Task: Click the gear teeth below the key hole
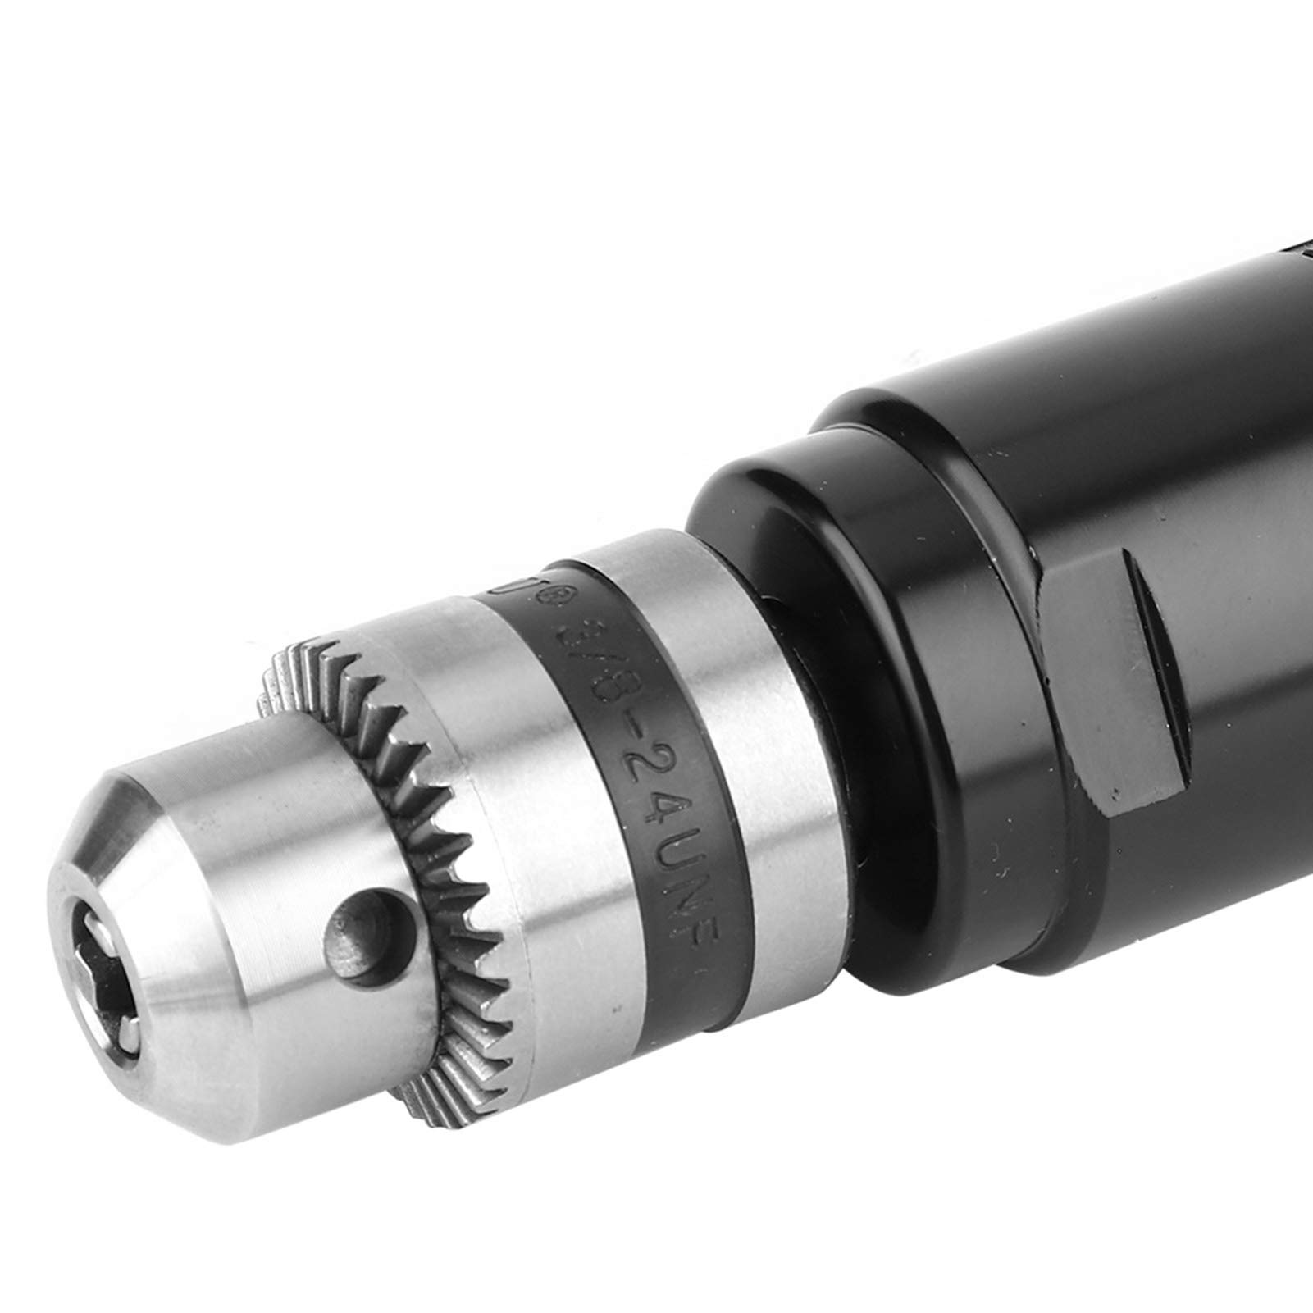point(443,1091)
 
